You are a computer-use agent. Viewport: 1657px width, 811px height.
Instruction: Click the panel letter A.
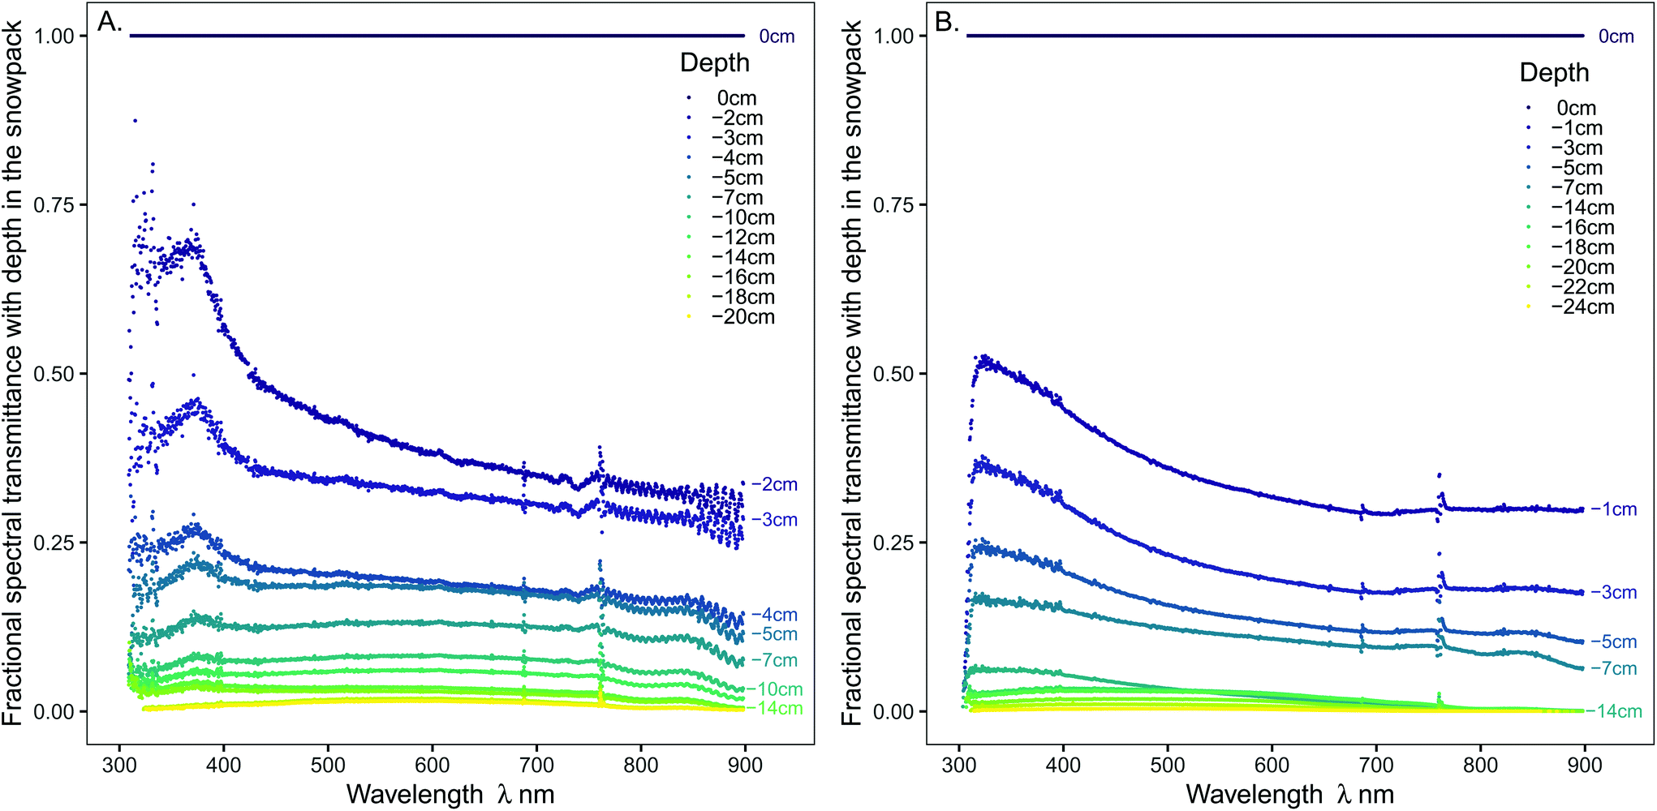pos(109,22)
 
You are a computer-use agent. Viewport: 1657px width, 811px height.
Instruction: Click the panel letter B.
pos(947,22)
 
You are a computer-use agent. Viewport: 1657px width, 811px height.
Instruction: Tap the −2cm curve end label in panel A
pos(774,485)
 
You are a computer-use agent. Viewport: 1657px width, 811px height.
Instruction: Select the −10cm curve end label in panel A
pos(774,689)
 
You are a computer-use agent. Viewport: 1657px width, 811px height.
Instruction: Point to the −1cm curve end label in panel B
pos(1613,509)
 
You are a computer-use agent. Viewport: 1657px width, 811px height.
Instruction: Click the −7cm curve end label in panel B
pos(1613,669)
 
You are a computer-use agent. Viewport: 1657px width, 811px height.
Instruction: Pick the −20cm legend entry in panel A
pos(742,317)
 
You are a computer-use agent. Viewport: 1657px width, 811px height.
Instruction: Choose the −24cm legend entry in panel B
pos(1582,307)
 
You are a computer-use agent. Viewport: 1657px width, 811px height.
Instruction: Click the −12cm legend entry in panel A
pos(742,238)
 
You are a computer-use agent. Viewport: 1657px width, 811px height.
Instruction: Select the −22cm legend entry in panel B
pos(1582,287)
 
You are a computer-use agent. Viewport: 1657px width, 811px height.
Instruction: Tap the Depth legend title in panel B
pos(1554,73)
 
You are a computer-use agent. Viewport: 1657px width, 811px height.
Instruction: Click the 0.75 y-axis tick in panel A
pos(54,205)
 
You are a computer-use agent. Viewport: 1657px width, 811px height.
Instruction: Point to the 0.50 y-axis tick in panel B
pos(893,374)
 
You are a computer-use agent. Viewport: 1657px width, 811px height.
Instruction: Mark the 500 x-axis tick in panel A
pos(328,765)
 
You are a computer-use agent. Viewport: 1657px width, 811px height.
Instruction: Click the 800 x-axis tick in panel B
pos(1480,765)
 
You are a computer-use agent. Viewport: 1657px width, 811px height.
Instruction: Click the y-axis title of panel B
pos(851,373)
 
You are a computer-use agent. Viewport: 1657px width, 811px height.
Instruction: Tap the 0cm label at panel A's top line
pos(777,36)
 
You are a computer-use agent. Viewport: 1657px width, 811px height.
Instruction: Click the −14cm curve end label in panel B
pos(1613,711)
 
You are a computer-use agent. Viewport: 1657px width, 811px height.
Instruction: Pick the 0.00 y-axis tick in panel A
pos(54,712)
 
